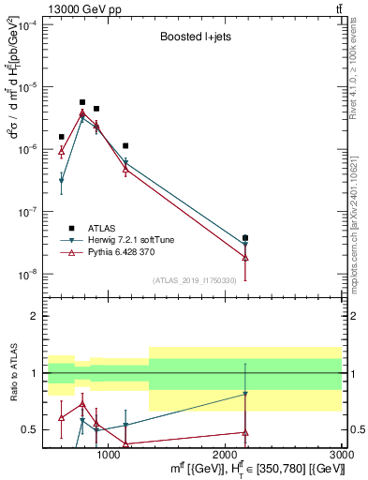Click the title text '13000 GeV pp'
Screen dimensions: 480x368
click(x=37, y=7)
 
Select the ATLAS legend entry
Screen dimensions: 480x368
click(x=95, y=228)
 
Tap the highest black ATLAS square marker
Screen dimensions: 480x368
click(x=82, y=102)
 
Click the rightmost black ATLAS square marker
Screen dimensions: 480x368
click(x=245, y=238)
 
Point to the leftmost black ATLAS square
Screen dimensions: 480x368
click(x=62, y=137)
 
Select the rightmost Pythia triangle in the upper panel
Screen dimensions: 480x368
click(x=245, y=257)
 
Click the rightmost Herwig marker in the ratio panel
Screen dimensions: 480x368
click(x=245, y=395)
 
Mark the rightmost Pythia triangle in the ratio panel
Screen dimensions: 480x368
click(x=245, y=432)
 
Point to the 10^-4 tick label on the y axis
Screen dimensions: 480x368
click(x=27, y=24)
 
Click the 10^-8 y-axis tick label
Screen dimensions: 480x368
click(x=27, y=275)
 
